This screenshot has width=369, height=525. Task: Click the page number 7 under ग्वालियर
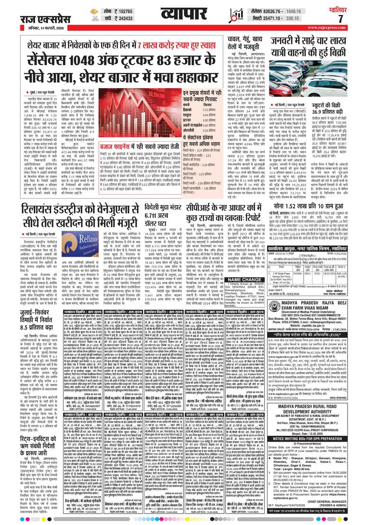(341, 18)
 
